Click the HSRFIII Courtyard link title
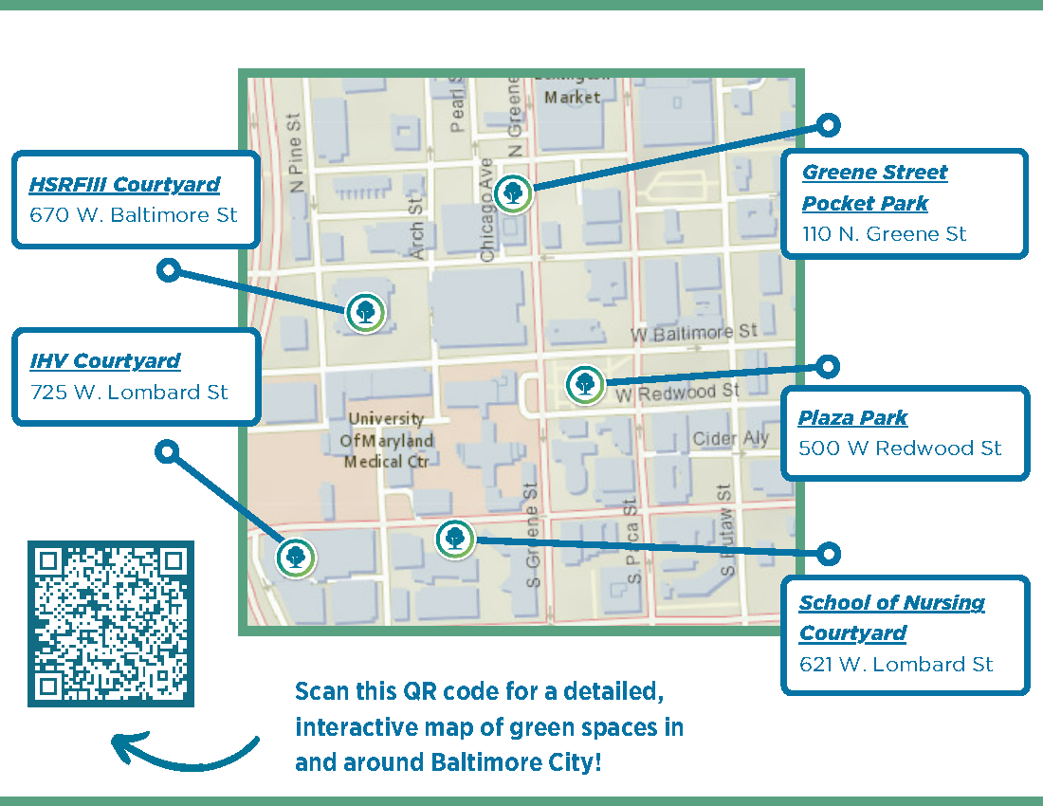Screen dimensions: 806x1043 click(x=124, y=185)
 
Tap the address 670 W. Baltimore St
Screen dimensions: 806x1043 click(x=133, y=215)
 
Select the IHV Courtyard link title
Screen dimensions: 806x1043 click(x=104, y=361)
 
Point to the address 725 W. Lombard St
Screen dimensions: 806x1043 click(x=129, y=392)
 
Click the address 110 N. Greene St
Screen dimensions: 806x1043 click(x=884, y=233)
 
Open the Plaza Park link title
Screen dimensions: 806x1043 click(x=852, y=418)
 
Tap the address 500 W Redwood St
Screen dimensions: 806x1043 click(x=900, y=449)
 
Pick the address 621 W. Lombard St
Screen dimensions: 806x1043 click(x=896, y=665)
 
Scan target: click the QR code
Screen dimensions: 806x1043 click(x=111, y=623)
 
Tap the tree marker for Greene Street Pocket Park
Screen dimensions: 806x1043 click(x=513, y=193)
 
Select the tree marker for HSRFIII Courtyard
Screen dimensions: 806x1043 click(x=365, y=312)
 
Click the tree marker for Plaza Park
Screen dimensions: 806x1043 click(x=584, y=384)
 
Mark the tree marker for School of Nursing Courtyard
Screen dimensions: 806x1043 click(x=454, y=538)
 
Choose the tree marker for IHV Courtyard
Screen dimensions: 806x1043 click(x=295, y=557)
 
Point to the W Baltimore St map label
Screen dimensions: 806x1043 click(x=694, y=334)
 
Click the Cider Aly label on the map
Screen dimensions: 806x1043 click(x=731, y=439)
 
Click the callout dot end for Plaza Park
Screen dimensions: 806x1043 click(x=828, y=366)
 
